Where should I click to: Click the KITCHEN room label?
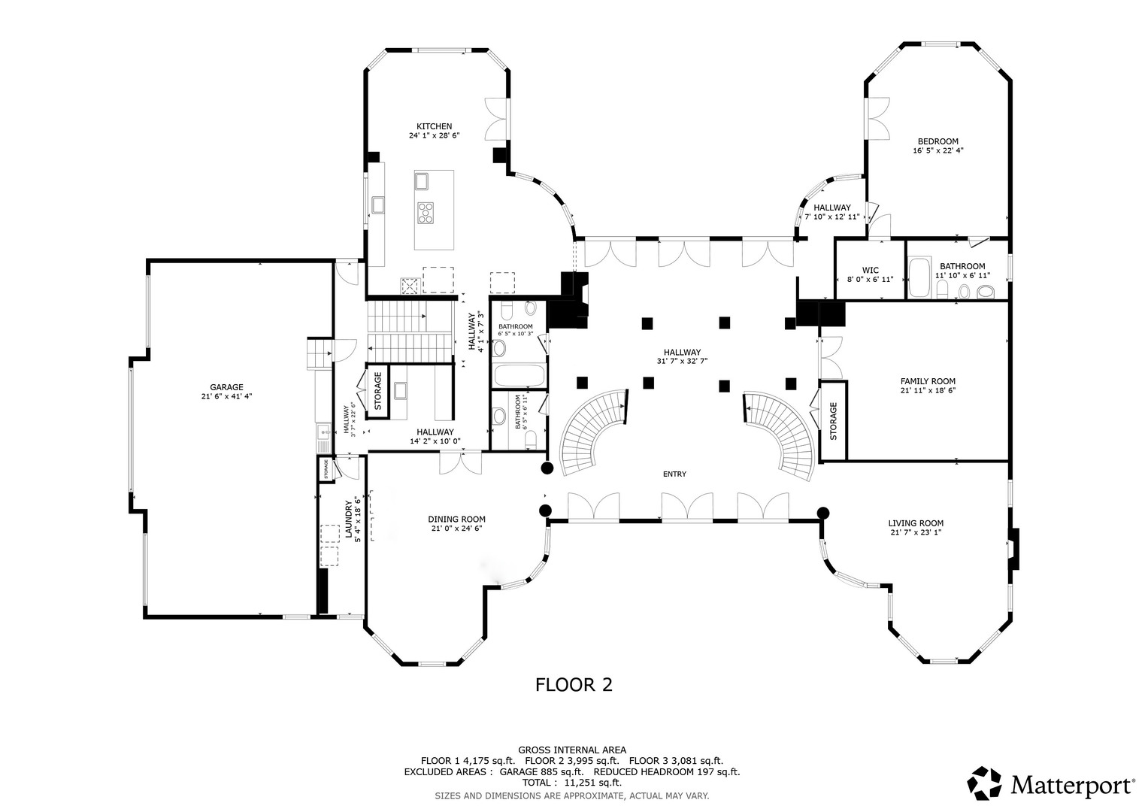(434, 126)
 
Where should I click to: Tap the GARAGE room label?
(226, 387)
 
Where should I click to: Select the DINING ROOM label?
(456, 519)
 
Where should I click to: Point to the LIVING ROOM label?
(915, 523)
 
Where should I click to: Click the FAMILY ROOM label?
(928, 381)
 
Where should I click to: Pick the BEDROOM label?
(937, 141)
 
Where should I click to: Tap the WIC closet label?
(870, 270)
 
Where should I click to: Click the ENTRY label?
(674, 474)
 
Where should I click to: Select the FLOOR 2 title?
(574, 684)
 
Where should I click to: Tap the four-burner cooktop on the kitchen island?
(426, 213)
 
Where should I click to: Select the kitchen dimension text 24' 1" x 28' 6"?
(434, 136)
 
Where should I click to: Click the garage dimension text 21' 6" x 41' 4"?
(226, 396)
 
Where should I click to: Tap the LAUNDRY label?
(348, 519)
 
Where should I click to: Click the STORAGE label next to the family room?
(833, 421)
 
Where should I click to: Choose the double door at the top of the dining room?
(461, 462)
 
